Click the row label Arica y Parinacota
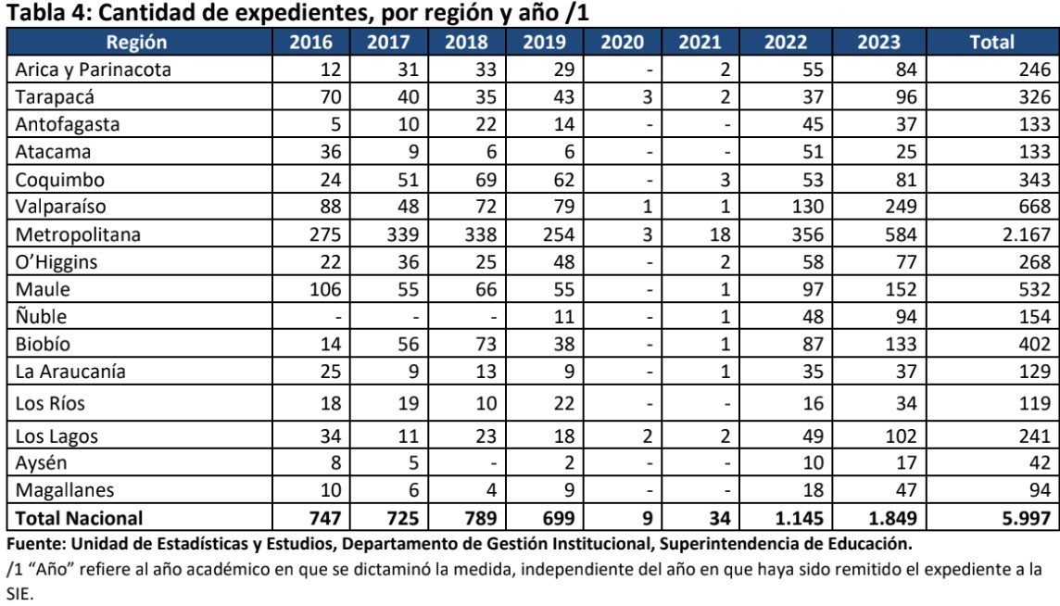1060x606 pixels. coord(81,68)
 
